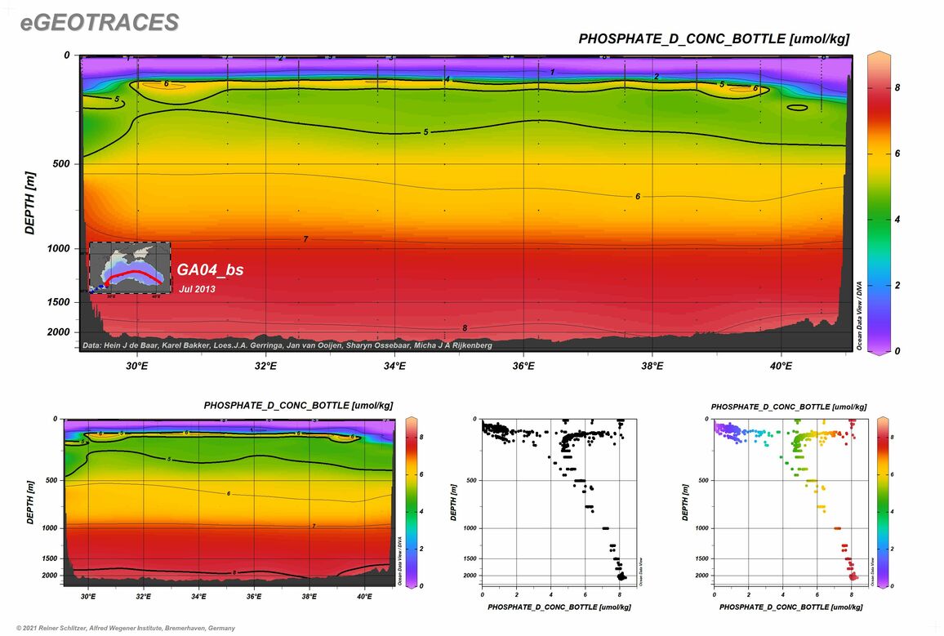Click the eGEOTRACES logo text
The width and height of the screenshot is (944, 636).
pyautogui.click(x=99, y=24)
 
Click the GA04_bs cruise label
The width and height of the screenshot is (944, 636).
pyautogui.click(x=210, y=269)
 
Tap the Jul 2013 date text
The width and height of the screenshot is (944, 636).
pyautogui.click(x=198, y=288)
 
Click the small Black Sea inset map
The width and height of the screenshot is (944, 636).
pyautogui.click(x=130, y=268)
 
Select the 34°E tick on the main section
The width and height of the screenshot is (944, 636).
pyautogui.click(x=394, y=366)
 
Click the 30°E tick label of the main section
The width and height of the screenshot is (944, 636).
pyautogui.click(x=136, y=366)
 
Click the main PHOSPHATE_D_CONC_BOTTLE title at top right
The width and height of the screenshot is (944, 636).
pyautogui.click(x=714, y=38)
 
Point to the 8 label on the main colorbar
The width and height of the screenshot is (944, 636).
pyautogui.click(x=897, y=85)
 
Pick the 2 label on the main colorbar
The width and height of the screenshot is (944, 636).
pyautogui.click(x=897, y=285)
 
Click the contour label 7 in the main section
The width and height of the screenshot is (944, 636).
pyautogui.click(x=305, y=239)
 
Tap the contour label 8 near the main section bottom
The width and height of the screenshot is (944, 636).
pyautogui.click(x=465, y=328)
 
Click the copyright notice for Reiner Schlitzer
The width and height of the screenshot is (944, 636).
pyautogui.click(x=119, y=628)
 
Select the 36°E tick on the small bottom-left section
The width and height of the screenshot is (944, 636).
pyautogui.click(x=254, y=597)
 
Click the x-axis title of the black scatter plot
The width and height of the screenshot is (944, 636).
pyautogui.click(x=559, y=607)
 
